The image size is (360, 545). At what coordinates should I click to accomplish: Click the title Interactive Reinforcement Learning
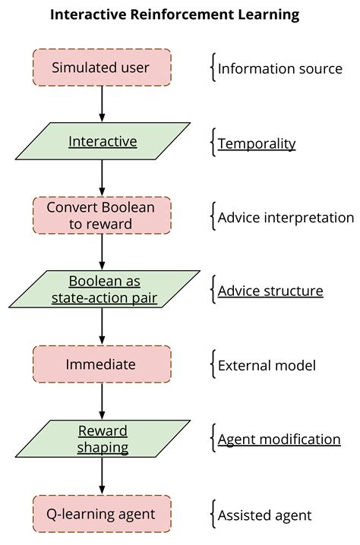point(175,14)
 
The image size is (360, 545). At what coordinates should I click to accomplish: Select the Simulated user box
point(101,68)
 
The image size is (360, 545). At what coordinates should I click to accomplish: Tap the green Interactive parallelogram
point(102,142)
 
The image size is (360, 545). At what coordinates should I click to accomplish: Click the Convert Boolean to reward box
point(101,216)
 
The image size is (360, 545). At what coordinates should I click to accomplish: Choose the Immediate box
point(101,364)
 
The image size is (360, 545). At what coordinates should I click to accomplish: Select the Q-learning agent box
point(101,514)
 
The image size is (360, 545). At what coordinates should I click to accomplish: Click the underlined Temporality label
point(257,143)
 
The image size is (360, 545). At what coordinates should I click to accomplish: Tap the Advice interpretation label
point(286,217)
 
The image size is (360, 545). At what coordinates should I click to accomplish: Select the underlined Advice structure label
point(270,291)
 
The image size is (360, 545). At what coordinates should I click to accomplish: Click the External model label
point(267,365)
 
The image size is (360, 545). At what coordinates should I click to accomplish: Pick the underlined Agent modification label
point(279,439)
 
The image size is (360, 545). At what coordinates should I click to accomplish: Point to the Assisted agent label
point(264,515)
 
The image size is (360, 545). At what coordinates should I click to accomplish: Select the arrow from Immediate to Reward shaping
point(102,402)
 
